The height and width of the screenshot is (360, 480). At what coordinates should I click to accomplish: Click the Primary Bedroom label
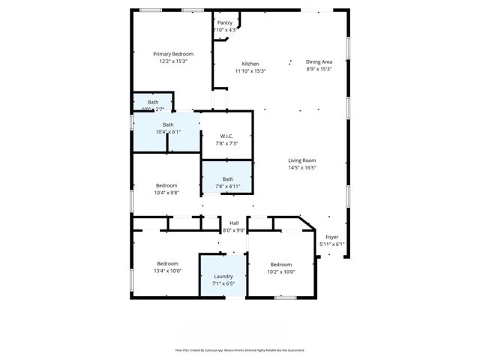[173, 54]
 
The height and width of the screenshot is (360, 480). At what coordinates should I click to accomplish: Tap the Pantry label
[225, 22]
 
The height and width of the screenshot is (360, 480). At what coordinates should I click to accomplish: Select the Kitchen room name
[250, 64]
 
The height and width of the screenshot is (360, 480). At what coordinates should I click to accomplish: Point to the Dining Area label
[319, 61]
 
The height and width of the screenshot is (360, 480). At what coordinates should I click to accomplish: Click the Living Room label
[302, 160]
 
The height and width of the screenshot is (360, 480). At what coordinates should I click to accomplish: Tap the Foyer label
[331, 237]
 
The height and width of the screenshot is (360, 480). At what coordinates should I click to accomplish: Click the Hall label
[234, 223]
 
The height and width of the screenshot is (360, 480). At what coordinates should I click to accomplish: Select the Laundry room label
[223, 277]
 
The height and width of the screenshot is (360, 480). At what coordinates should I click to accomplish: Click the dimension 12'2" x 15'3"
[173, 61]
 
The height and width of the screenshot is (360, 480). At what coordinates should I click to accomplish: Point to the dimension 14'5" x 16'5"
[302, 168]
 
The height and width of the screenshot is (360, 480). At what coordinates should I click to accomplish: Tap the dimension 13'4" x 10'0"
[167, 271]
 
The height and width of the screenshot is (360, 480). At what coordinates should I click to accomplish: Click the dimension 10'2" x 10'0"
[281, 271]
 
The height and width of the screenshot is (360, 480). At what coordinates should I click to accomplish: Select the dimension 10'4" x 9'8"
[166, 193]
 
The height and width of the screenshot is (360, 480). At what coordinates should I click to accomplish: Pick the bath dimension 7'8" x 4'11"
[227, 186]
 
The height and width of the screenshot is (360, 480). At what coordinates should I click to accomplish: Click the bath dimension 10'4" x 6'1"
[168, 132]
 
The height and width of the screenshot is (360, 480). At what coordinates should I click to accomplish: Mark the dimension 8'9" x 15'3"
[319, 69]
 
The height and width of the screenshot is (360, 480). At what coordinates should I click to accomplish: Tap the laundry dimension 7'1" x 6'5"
[223, 284]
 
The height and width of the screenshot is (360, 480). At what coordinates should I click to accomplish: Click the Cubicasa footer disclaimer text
[240, 350]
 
